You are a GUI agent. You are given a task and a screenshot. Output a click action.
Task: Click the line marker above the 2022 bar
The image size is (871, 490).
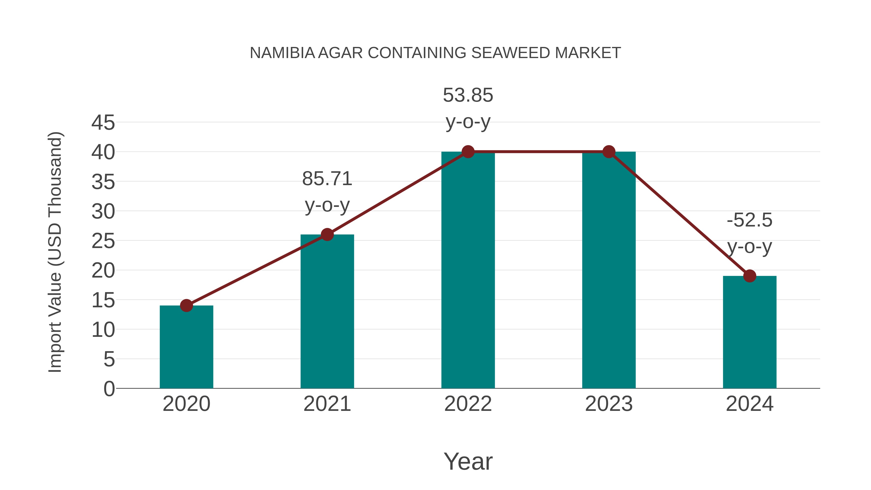468,152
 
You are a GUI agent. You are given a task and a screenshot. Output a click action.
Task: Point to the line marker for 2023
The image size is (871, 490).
609,152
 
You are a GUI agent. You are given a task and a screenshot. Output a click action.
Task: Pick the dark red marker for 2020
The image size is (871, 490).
186,305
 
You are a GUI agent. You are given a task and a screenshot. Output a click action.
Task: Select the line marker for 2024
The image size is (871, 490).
749,276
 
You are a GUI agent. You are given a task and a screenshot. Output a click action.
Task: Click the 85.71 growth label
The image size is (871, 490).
327,179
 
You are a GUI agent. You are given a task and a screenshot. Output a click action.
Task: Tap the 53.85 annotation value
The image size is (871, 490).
468,95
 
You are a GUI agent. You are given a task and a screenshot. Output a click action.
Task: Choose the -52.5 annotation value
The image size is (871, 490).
749,220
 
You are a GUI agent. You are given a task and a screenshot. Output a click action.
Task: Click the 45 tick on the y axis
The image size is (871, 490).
103,122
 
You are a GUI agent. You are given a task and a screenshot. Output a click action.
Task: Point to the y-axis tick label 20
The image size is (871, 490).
103,271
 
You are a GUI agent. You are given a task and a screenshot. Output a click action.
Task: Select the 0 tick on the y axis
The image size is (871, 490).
109,389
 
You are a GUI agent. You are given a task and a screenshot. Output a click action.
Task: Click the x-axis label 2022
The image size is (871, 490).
468,404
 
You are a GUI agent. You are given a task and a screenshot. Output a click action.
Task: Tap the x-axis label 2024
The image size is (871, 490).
749,404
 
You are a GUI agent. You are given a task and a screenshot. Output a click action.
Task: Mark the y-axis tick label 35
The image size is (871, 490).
103,182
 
